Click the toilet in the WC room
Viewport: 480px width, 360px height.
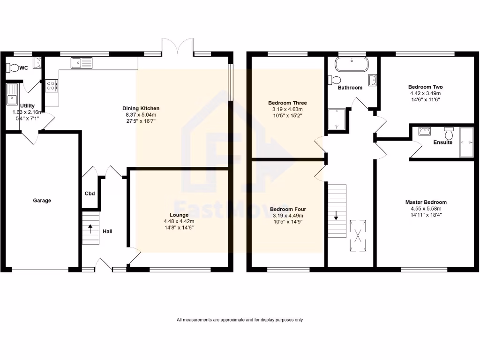13,68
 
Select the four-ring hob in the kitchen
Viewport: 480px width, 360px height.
52,85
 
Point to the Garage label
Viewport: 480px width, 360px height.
42,200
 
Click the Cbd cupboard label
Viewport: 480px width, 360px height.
90,193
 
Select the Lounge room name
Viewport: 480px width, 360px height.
179,215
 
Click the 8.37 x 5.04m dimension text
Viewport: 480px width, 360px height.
142,115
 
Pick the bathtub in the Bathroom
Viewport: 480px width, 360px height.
352,64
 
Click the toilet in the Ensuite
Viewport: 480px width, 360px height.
449,131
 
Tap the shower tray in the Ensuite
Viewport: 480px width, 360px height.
467,142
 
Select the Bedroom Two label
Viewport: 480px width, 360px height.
425,87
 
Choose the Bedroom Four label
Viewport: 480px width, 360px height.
288,210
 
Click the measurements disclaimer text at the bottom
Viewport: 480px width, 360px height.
240,320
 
